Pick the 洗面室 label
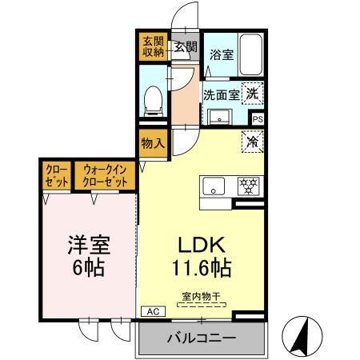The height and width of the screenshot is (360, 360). [x=220, y=94]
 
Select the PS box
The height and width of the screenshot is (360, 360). [x=258, y=118]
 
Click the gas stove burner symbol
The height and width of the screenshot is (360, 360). [x=249, y=186]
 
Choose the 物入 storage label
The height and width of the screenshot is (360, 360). [x=152, y=144]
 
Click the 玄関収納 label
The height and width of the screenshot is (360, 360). [x=153, y=47]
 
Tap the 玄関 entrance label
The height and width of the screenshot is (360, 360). [x=186, y=47]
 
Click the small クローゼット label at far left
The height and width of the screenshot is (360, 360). [x=56, y=176]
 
